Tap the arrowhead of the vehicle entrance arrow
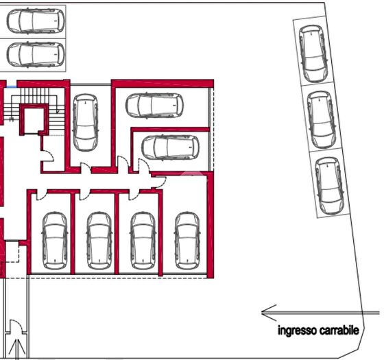[269, 313]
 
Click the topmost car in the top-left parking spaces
[36, 21]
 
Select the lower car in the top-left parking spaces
[36, 55]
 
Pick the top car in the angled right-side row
[313, 53]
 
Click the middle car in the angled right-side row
[322, 120]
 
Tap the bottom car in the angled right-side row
[329, 186]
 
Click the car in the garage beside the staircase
[86, 123]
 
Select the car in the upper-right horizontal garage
[154, 106]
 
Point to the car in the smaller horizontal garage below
[171, 147]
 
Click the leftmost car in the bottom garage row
[55, 241]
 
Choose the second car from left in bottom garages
[99, 241]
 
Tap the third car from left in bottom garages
[143, 241]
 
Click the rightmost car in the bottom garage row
[187, 241]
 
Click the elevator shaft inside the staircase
[34, 120]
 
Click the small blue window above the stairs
[12, 86]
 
